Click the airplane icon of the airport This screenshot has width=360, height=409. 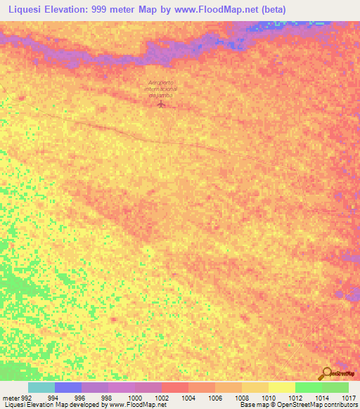pos(162,105)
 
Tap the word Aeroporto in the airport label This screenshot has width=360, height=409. pos(162,82)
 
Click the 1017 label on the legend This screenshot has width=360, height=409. pos(349,397)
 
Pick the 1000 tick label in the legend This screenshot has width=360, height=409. pos(134,397)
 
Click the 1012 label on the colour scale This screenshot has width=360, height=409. pos(294,397)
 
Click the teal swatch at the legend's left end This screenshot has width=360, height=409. pos(41,387)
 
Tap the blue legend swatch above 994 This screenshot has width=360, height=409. pos(67,387)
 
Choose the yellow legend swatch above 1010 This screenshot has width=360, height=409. pos(281,387)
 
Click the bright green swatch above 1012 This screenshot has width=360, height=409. pos(308,387)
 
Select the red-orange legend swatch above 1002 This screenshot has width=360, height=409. pos(174,387)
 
